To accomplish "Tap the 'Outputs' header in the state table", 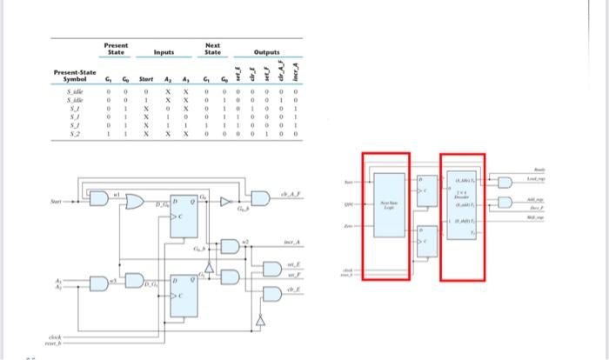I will tap(266, 53).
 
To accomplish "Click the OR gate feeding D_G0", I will tap(137, 203).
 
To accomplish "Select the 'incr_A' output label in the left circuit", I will tap(292, 244).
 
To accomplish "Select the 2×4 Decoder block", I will tap(461, 199).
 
